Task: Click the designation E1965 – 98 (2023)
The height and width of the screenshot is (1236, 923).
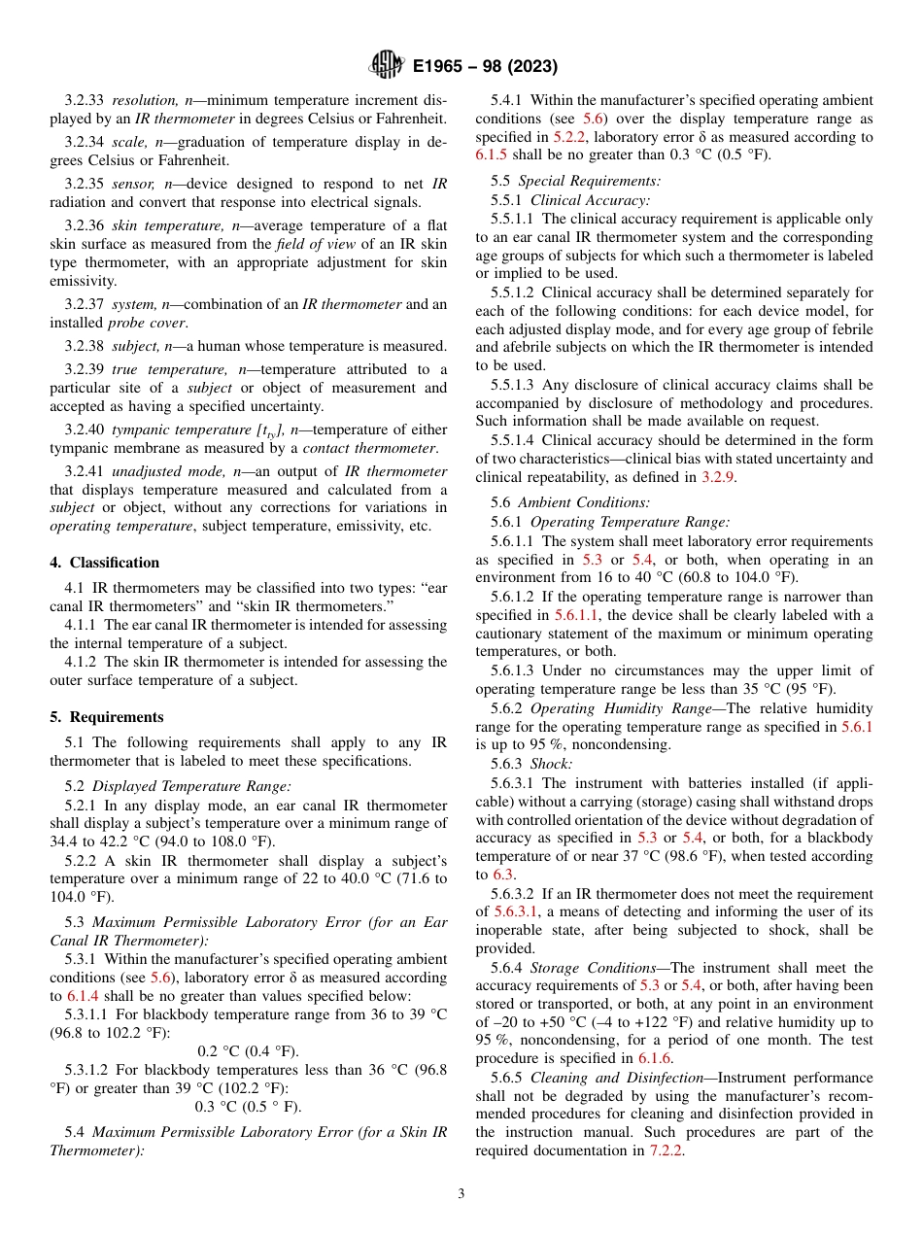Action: pos(485,67)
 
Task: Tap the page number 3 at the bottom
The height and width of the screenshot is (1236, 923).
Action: pos(461,1193)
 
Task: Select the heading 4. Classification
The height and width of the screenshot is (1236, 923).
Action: pos(105,563)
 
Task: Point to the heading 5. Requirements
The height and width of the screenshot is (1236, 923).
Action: pos(107,717)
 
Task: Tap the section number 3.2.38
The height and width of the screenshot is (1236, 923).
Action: pos(85,345)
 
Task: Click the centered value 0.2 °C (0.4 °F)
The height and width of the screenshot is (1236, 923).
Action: pos(249,1051)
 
